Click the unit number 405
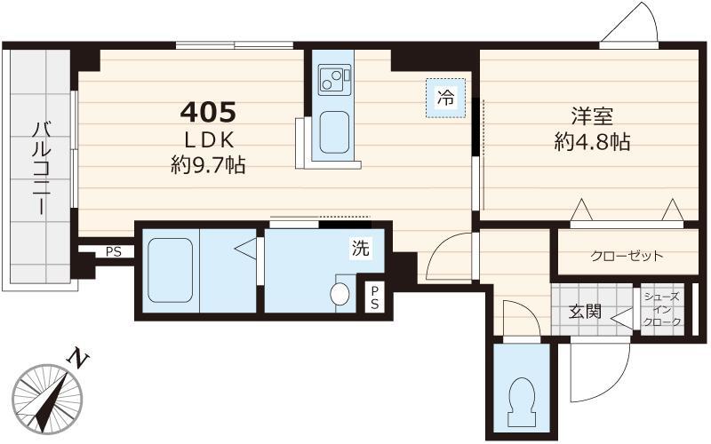(x=208, y=112)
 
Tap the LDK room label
(x=209, y=140)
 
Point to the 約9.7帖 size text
(x=208, y=165)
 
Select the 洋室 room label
(x=592, y=116)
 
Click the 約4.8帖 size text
(x=592, y=142)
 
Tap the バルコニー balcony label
(x=40, y=167)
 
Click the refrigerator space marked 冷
(x=446, y=98)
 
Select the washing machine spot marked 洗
(x=361, y=248)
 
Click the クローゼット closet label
(x=627, y=257)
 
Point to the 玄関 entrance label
(x=585, y=312)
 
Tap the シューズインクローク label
(x=662, y=309)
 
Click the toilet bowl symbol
(x=522, y=397)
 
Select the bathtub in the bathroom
(x=170, y=271)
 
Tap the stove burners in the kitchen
(x=335, y=80)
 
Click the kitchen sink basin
(x=334, y=132)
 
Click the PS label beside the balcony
(x=114, y=252)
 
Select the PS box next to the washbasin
(x=374, y=297)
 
